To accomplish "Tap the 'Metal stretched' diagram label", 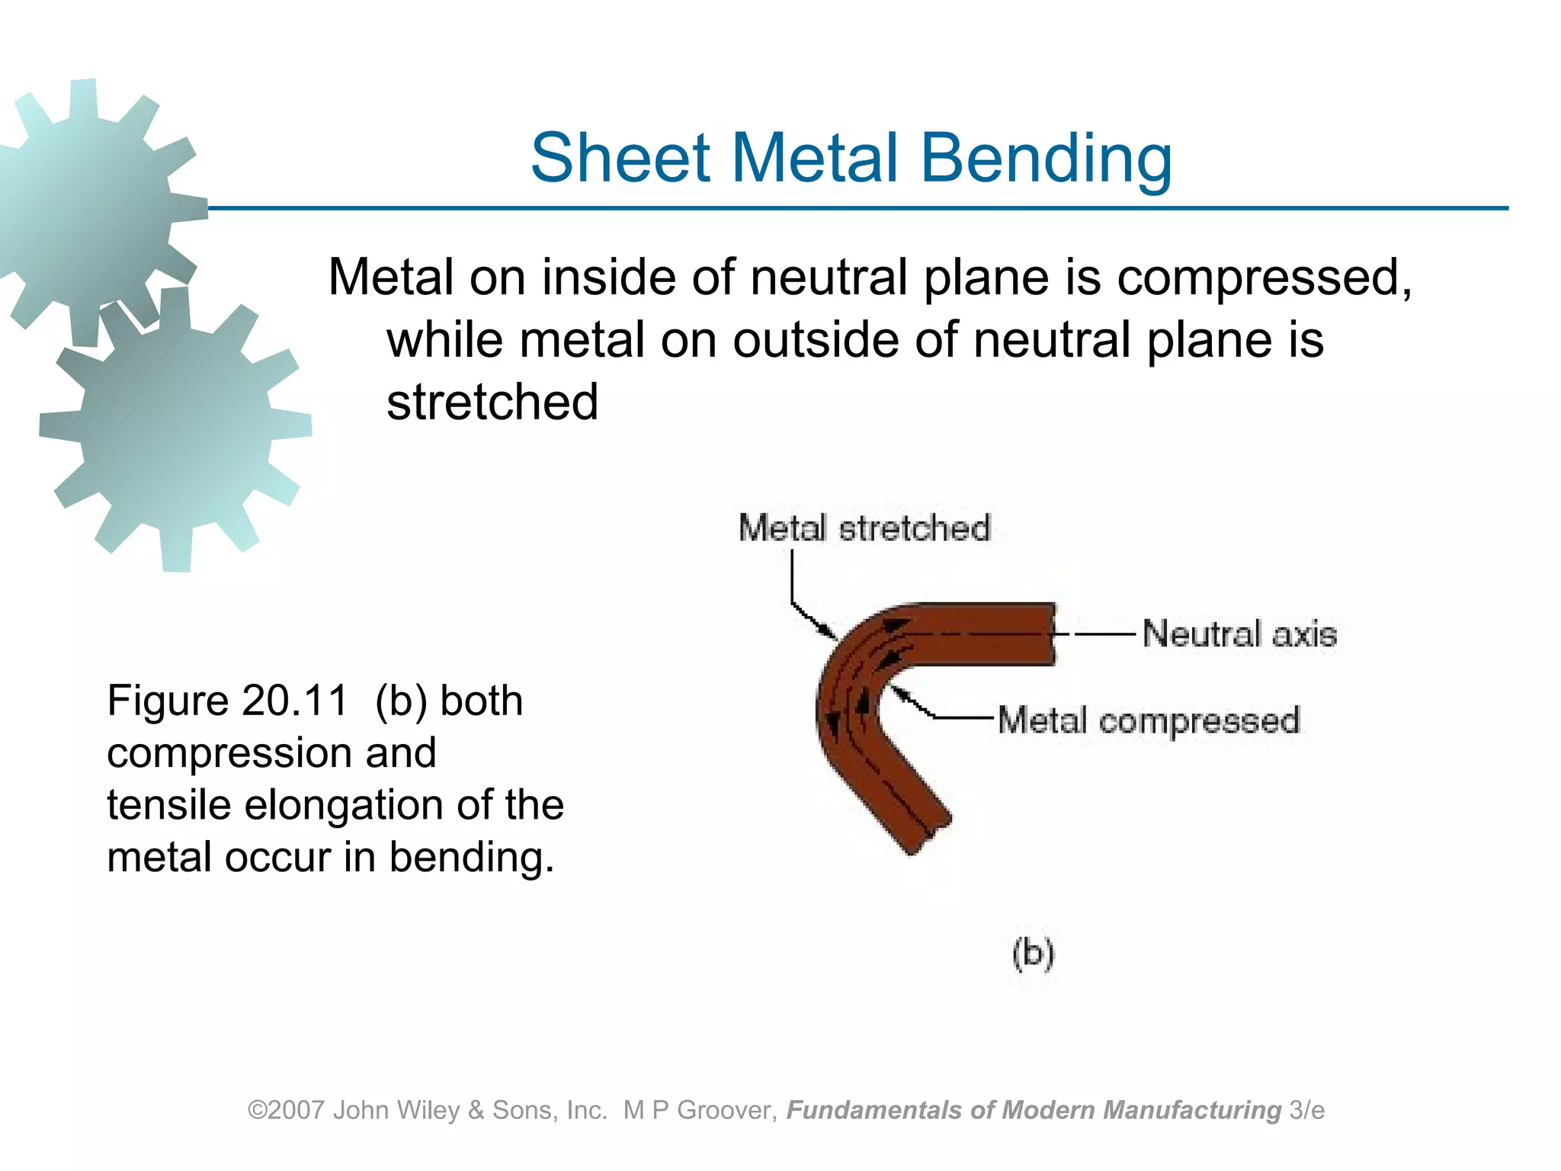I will tap(864, 528).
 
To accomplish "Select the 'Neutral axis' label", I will tap(1239, 634).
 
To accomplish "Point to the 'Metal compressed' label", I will tap(1148, 720).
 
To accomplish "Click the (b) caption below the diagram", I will tap(1033, 953).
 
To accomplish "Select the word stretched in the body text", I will tap(492, 402).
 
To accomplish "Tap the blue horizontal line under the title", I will tap(838, 207).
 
